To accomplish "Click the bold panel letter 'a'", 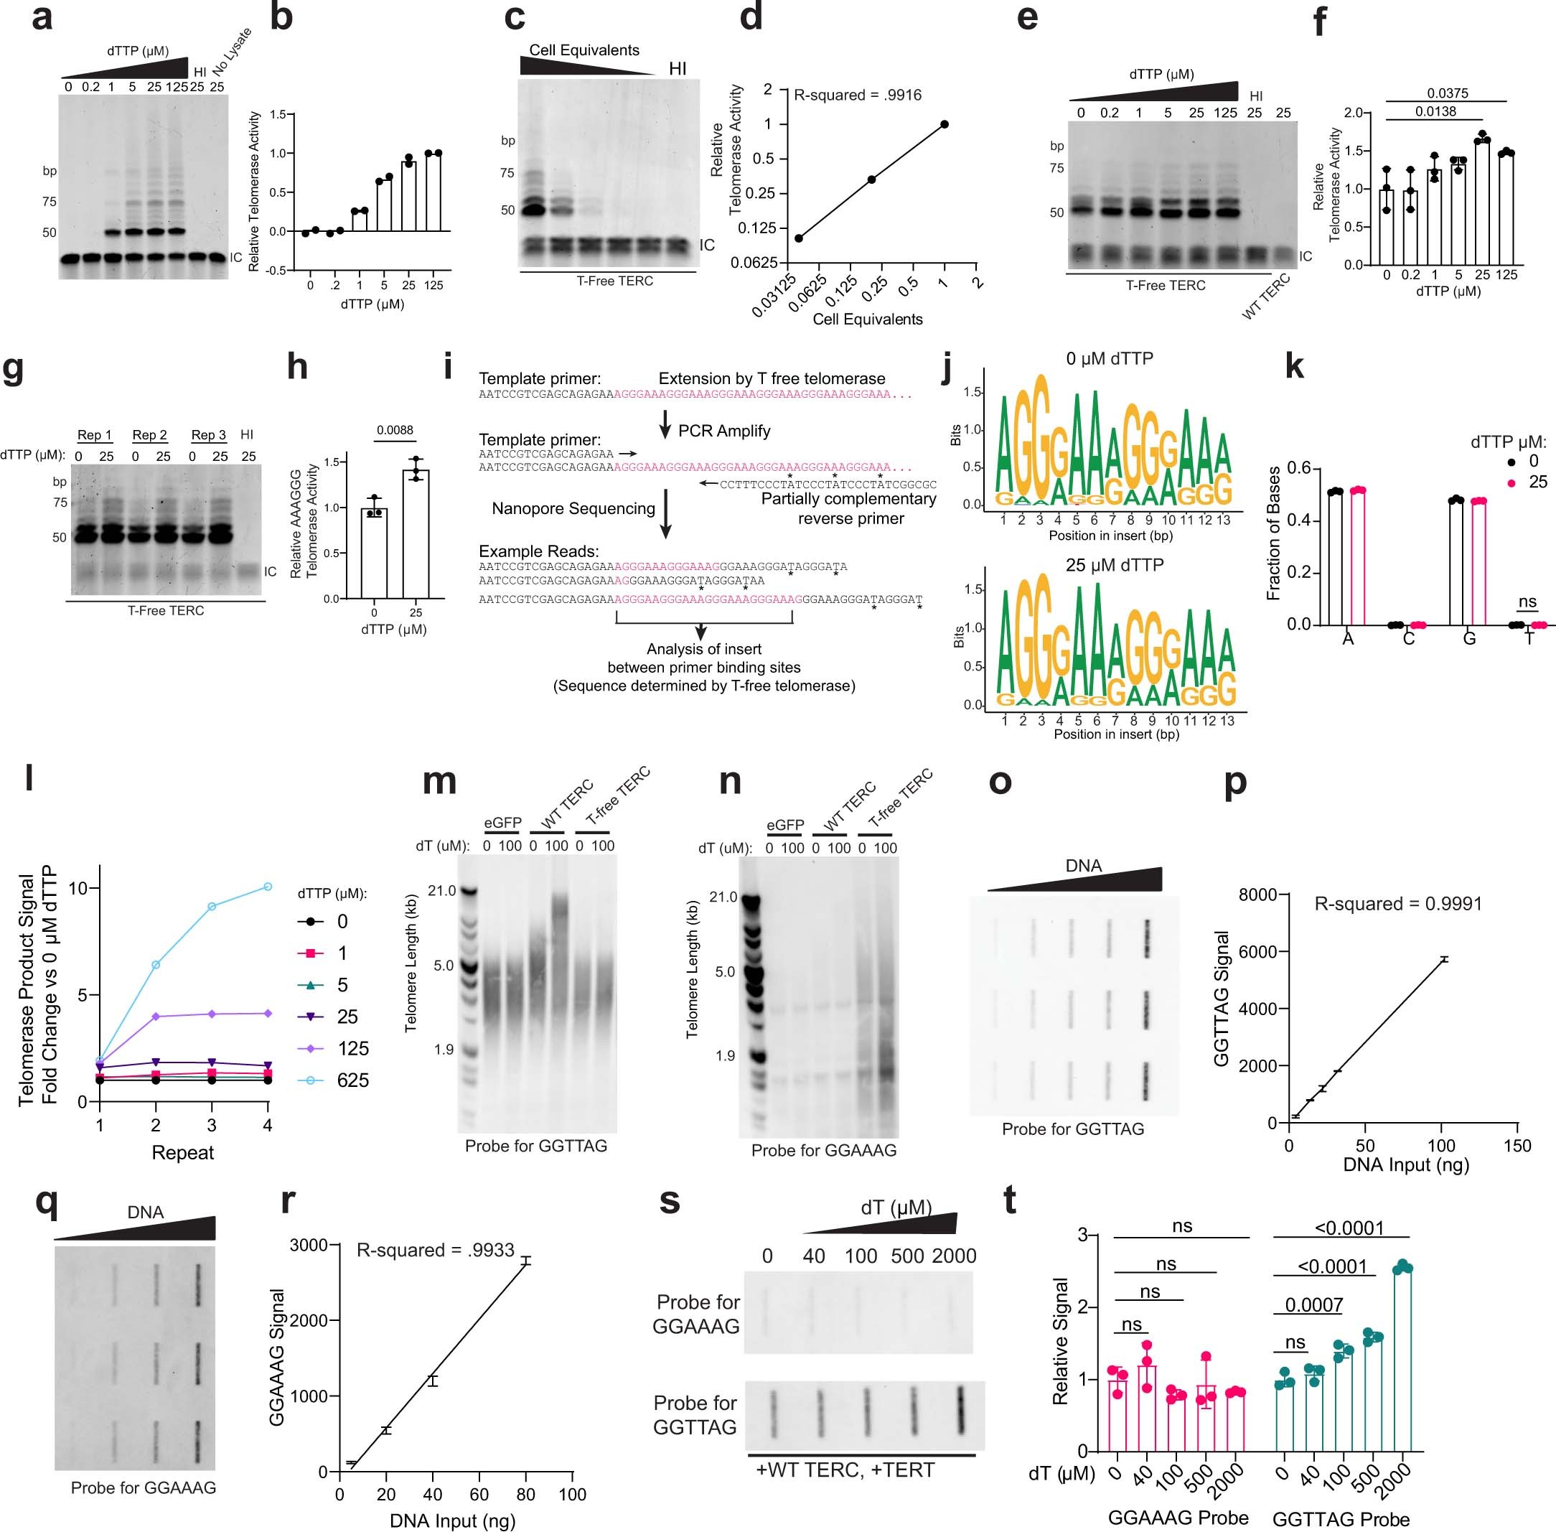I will [42, 18].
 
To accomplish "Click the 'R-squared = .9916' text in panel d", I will [857, 95].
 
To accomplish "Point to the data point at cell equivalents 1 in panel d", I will [944, 124].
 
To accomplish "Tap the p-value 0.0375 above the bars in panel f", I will [1447, 93].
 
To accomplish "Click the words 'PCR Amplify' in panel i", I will [723, 431].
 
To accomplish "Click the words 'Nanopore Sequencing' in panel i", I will [573, 508].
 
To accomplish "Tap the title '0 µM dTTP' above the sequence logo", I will [1109, 359].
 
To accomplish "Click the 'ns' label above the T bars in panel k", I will [1527, 601].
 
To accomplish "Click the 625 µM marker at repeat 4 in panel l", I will [267, 887].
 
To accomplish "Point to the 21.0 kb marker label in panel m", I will [443, 890].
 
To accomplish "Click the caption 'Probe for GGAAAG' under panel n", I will [823, 1151].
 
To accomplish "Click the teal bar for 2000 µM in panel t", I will [1402, 1360].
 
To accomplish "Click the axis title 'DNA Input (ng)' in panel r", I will [452, 1521].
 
